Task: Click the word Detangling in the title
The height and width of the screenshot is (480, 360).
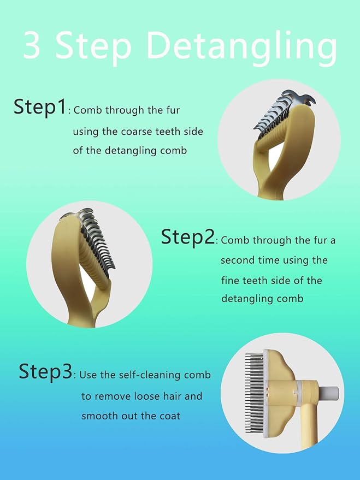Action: coord(242,47)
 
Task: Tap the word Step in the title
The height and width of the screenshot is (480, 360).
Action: coord(93,47)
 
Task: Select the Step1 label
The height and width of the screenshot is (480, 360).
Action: coord(39,106)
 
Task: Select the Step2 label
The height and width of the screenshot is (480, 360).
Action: coord(188,236)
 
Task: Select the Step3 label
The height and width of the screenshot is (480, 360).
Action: coord(45,371)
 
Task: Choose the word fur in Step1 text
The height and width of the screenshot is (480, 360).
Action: coord(173,110)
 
